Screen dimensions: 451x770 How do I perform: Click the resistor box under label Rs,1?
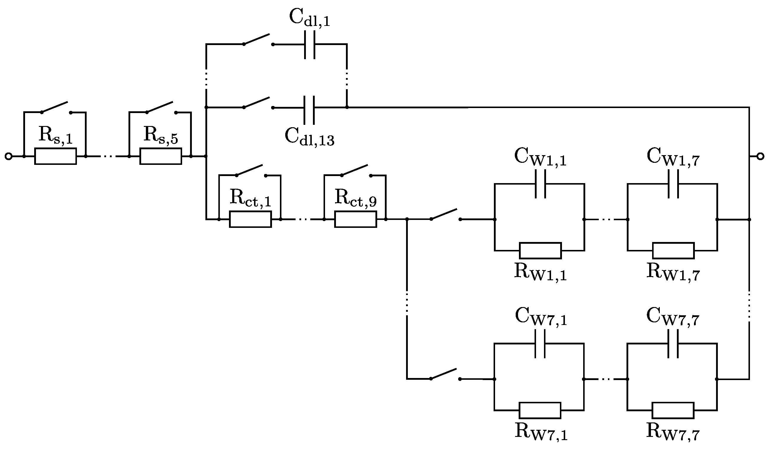coord(56,156)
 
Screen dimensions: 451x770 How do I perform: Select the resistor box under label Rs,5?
coord(161,156)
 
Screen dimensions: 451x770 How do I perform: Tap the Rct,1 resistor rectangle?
coord(250,219)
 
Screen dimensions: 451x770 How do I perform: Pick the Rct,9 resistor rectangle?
coord(356,219)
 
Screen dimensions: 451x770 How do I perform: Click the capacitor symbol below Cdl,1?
coord(309,44)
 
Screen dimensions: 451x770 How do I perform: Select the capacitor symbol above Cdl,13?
coord(309,107)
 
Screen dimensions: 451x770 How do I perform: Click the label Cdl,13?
coord(309,137)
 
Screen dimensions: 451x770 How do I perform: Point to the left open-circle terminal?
coord(8,156)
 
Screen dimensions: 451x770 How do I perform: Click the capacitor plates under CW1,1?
coord(540,184)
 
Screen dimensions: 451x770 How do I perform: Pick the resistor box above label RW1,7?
coord(673,251)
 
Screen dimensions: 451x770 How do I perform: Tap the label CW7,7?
coord(673,318)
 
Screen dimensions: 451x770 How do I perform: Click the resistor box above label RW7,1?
coord(540,411)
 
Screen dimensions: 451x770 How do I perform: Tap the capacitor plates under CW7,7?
coord(673,344)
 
